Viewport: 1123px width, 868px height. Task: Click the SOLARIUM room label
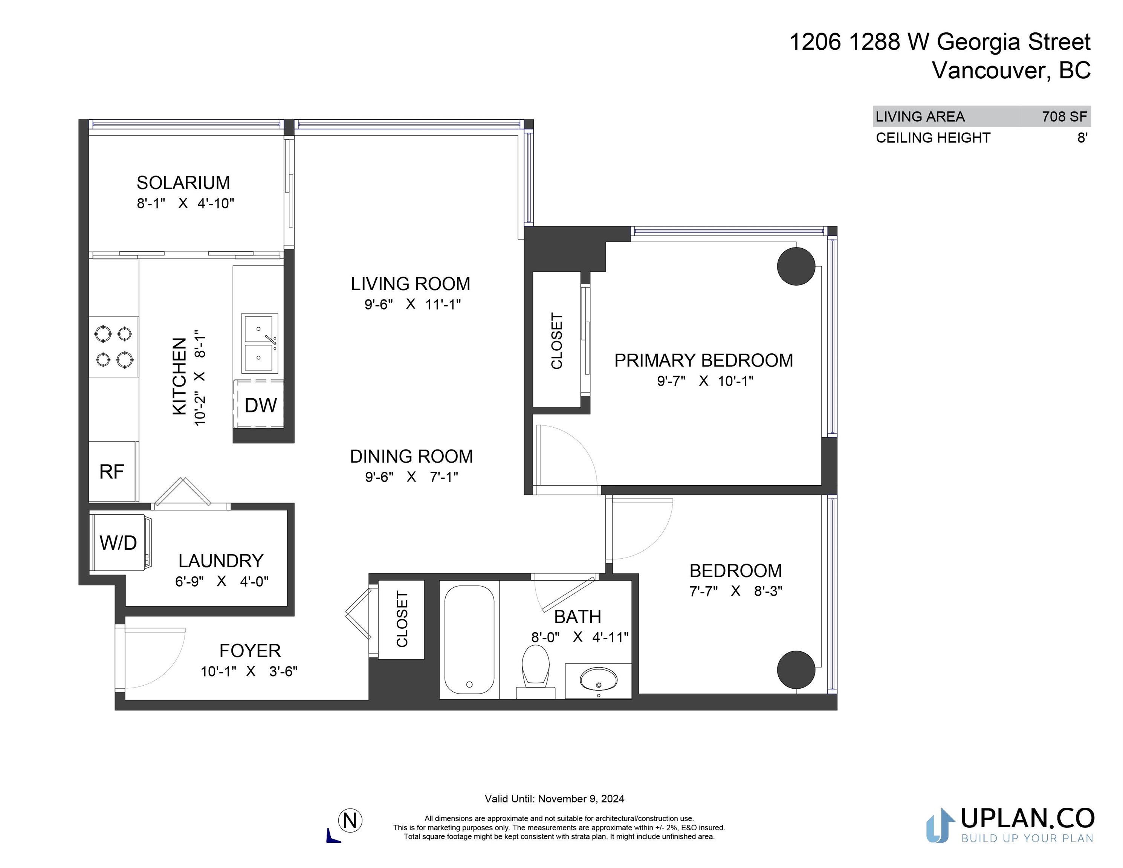[x=183, y=183]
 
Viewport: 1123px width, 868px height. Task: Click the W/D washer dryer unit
[x=121, y=542]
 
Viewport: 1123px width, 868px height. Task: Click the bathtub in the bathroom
[x=469, y=639]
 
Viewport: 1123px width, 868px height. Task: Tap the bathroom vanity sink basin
[x=599, y=679]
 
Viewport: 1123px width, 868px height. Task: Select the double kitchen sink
[x=260, y=343]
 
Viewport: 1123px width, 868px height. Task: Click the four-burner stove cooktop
[x=114, y=347]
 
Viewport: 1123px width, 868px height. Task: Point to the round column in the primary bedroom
[x=796, y=266]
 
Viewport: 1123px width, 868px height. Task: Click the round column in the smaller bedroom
[x=796, y=669]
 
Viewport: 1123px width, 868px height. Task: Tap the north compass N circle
[x=350, y=820]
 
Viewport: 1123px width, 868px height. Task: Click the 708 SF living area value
[x=1064, y=117]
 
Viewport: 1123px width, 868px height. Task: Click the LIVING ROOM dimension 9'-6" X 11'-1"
[x=413, y=304]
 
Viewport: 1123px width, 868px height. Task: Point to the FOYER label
[x=250, y=651]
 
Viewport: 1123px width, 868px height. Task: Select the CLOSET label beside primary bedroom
[x=557, y=341]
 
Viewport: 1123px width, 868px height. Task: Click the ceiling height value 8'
[x=1082, y=138]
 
